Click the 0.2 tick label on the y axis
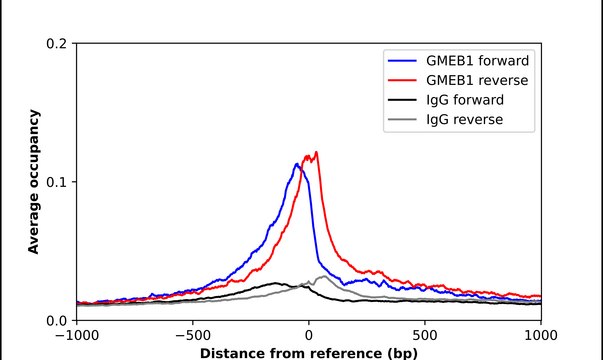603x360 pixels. (57, 44)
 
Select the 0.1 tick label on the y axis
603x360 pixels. (57, 182)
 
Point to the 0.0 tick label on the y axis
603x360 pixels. (57, 320)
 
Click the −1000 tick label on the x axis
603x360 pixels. (75, 336)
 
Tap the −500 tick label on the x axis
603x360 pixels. (192, 336)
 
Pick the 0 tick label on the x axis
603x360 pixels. (309, 336)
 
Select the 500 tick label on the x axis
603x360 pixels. (425, 336)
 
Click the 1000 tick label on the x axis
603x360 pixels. (541, 336)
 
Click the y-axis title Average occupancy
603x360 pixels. (34, 182)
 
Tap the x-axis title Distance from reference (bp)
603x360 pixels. (308, 352)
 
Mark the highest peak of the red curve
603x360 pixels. (317, 153)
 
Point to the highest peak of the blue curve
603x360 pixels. (296, 164)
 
